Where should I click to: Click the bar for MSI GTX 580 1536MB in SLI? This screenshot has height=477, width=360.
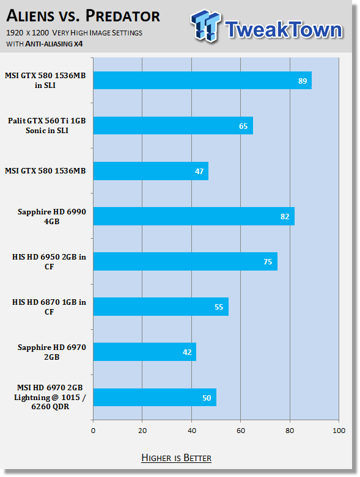pos(202,80)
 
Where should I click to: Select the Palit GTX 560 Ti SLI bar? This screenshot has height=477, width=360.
pos(173,125)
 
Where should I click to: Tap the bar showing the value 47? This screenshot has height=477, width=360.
pos(151,171)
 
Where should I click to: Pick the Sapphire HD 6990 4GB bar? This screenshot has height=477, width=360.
pos(194,216)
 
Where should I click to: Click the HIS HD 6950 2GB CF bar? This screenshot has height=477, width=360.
pos(185,261)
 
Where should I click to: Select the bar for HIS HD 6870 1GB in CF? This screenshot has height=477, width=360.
pos(161,307)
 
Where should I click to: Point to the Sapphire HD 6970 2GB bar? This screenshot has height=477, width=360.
pos(145,352)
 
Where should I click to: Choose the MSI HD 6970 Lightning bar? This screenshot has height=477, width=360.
pos(155,398)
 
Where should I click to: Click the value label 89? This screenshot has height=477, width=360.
pos(303,81)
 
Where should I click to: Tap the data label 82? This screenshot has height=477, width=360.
pos(285,217)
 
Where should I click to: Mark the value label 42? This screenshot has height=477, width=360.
pos(187,352)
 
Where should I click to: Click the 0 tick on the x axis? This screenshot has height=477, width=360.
pos(93,431)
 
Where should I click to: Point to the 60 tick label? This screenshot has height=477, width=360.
pos(241,431)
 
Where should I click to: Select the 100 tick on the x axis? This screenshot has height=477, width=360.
pos(339,431)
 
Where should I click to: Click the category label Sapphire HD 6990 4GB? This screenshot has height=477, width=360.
pos(52,217)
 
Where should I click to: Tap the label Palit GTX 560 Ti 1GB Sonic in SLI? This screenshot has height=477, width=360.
pos(47,126)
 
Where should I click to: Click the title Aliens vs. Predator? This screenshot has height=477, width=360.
pos(83,16)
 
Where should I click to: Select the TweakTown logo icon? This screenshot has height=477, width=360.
pos(206,26)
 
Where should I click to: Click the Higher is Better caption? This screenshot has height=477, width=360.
pos(177,458)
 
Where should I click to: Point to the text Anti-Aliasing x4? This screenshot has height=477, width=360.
pos(54,44)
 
